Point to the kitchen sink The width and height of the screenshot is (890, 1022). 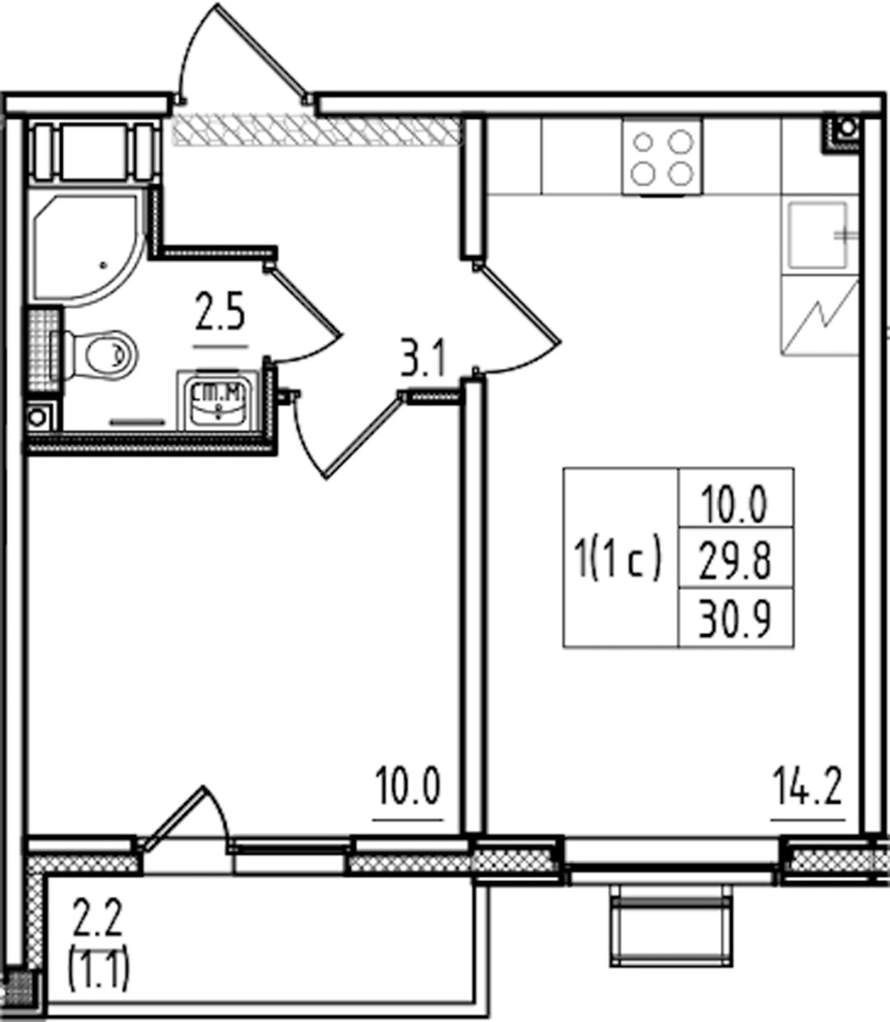coord(818,235)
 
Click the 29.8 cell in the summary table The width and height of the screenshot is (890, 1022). coord(735,562)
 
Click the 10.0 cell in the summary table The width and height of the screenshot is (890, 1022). coord(734,504)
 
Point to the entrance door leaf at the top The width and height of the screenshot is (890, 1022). coord(261,50)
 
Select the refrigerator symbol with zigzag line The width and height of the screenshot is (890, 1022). coord(820,315)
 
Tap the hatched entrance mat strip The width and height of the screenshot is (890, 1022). coord(316,131)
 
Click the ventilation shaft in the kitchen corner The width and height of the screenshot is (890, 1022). coord(842,133)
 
